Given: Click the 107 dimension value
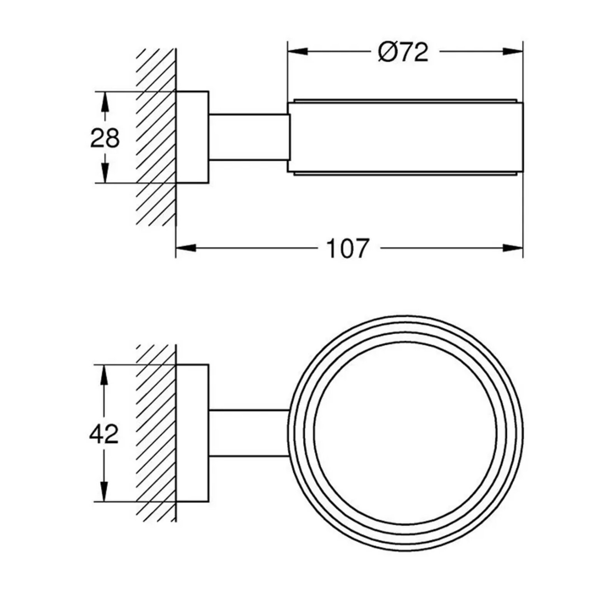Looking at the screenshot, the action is [x=347, y=248].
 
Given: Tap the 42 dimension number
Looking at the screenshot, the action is [x=104, y=434].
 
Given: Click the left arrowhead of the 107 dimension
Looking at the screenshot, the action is [x=186, y=248].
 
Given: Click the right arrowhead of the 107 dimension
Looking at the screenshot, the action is [x=513, y=248].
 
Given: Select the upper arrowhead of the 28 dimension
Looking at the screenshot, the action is [x=105, y=102].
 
